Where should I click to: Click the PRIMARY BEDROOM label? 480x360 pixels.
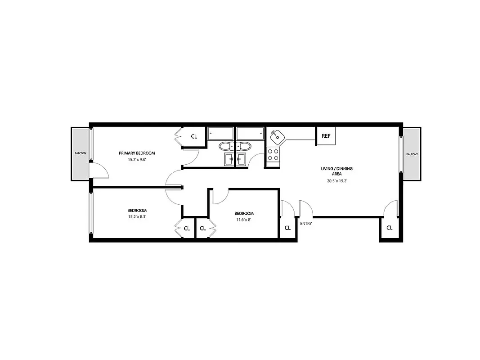[137, 153]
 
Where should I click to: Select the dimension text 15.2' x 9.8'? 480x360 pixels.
[137, 159]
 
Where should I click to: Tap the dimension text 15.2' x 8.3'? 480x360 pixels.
[137, 216]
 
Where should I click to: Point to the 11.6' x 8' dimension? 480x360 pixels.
[244, 220]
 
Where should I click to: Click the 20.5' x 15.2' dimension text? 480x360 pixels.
[336, 181]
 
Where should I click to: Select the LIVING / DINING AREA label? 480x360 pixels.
[336, 171]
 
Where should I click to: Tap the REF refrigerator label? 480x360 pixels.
[326, 136]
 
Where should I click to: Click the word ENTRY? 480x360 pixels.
[306, 223]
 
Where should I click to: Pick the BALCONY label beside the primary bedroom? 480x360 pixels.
[80, 154]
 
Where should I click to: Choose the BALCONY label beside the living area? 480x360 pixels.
[412, 154]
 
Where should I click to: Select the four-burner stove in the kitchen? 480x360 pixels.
[273, 155]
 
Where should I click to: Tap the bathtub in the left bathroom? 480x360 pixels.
[220, 133]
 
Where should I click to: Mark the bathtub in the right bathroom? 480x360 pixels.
[250, 133]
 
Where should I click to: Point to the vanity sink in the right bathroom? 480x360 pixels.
[242, 158]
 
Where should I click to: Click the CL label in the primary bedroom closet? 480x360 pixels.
[194, 136]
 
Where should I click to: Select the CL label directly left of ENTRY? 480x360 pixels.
[287, 228]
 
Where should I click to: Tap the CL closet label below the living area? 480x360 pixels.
[389, 228]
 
